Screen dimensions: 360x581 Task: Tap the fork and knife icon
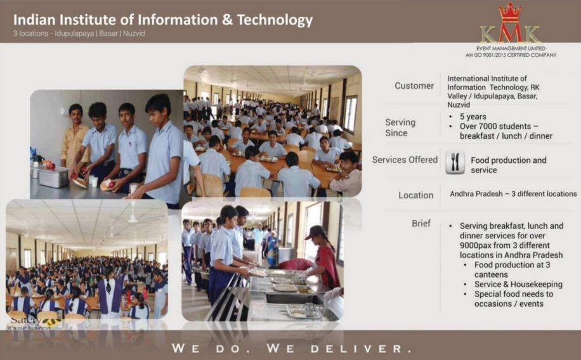(455, 162)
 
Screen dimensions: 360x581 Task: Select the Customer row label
(414, 86)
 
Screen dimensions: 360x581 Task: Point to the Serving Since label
(400, 127)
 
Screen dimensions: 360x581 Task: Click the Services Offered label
(405, 160)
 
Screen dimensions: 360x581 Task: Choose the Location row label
(415, 195)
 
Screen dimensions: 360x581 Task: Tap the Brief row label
(421, 224)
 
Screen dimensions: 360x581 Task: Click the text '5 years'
(474, 117)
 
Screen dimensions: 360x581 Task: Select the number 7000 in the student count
(493, 126)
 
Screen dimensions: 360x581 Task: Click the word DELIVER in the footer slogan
(362, 349)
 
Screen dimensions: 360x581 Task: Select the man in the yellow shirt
(75, 136)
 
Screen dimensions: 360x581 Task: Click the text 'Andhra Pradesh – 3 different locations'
(513, 194)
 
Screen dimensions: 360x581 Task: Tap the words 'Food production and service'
(508, 165)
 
